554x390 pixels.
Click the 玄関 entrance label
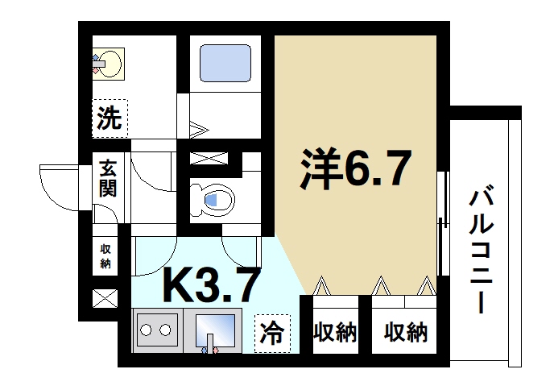coord(108,178)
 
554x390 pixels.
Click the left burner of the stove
coord(147,330)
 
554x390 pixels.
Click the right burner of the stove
coord(167,330)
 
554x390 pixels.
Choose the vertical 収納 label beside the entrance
coord(105,256)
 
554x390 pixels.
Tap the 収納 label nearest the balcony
coord(405,332)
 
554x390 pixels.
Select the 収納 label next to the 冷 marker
coord(334,332)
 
